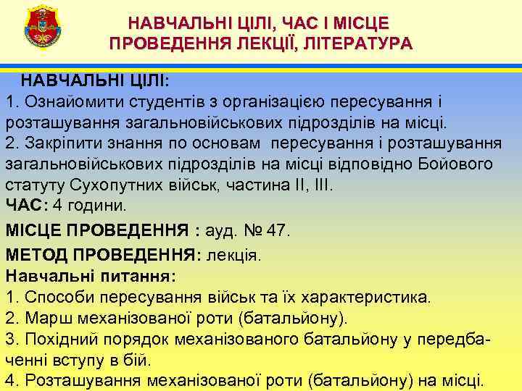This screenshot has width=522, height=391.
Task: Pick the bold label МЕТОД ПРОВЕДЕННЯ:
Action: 104,255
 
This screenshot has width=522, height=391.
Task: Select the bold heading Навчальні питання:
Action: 90,276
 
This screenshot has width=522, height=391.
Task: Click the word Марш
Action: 45,318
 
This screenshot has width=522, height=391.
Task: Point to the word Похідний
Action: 58,339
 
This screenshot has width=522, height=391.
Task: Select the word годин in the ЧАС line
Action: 91,205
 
